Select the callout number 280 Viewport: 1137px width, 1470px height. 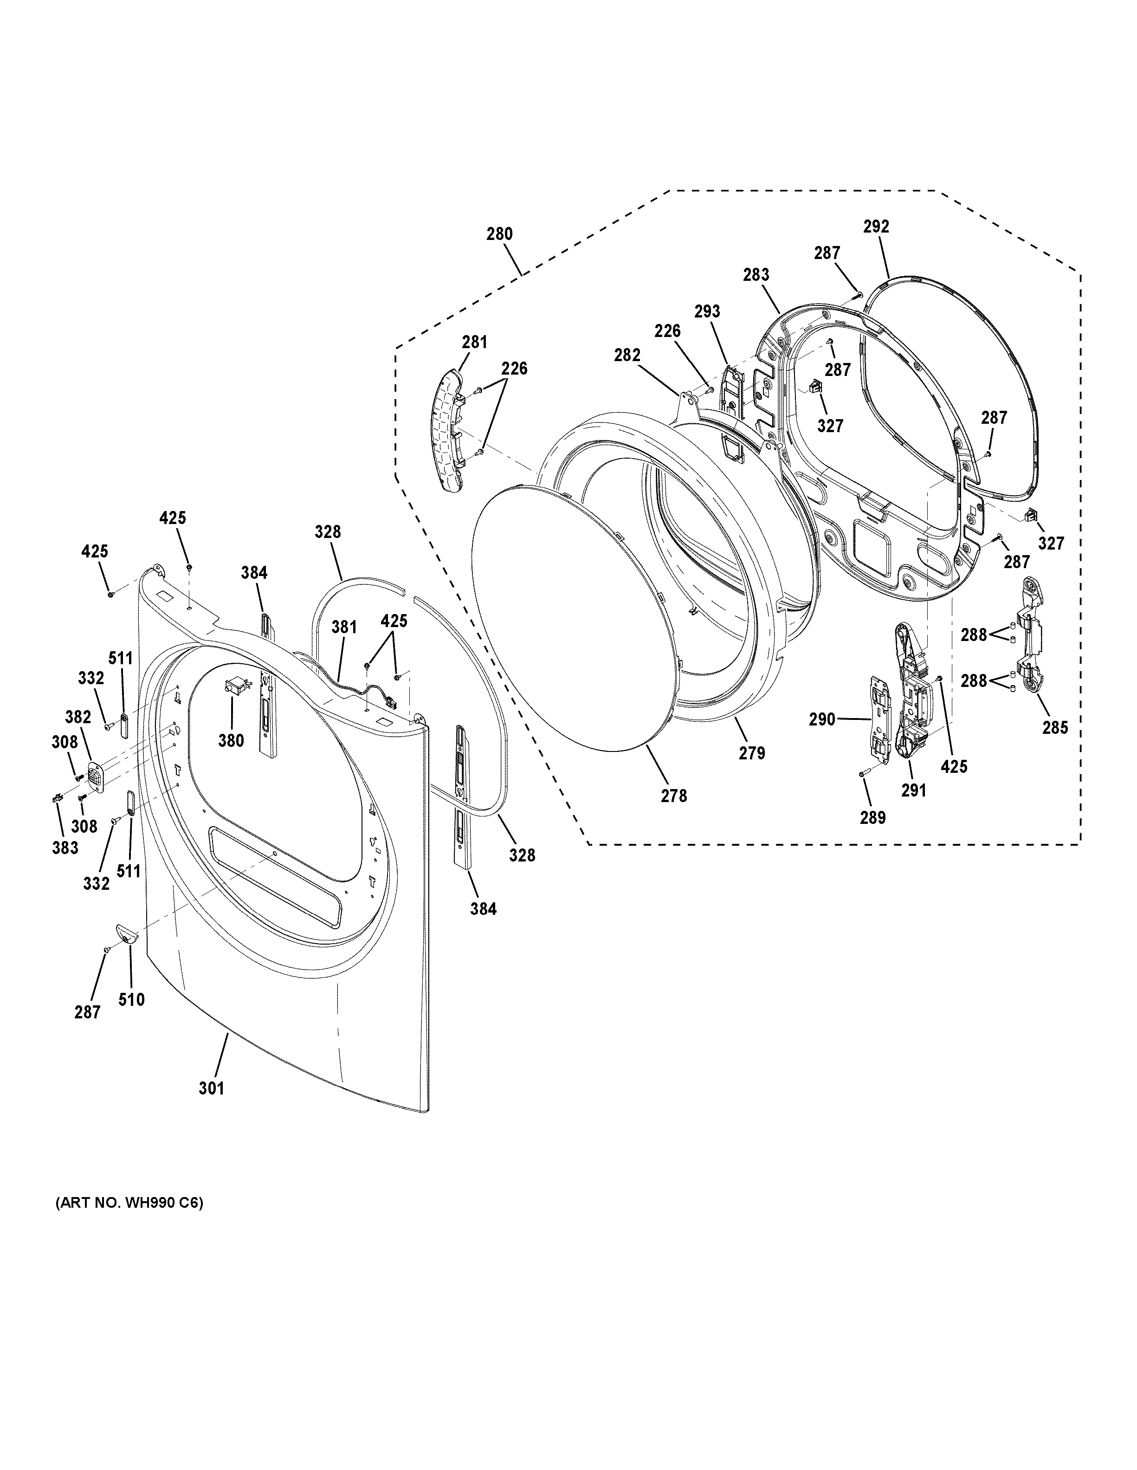pyautogui.click(x=499, y=234)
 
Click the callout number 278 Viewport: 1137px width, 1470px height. pyautogui.click(x=673, y=796)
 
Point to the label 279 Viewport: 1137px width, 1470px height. pyautogui.click(x=752, y=753)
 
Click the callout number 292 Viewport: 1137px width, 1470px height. pyautogui.click(x=876, y=227)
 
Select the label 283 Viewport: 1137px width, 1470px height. pyautogui.click(x=756, y=275)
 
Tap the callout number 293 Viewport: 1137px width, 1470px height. pyautogui.click(x=707, y=311)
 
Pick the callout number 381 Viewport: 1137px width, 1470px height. pyautogui.click(x=344, y=627)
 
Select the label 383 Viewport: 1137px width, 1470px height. pyautogui.click(x=65, y=848)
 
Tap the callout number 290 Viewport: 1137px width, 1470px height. pyautogui.click(x=822, y=719)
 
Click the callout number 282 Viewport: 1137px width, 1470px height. pyautogui.click(x=627, y=356)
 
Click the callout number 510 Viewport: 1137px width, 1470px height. pyautogui.click(x=131, y=999)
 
